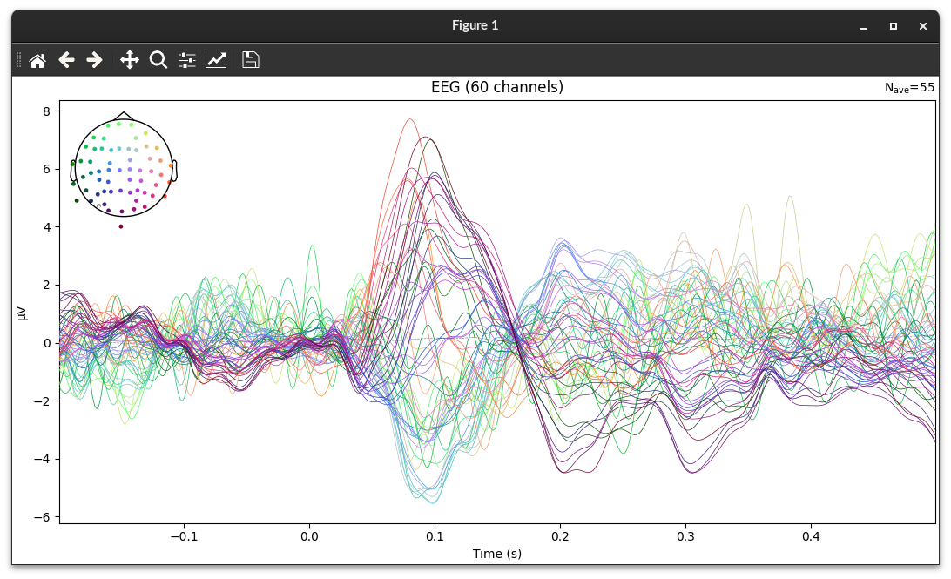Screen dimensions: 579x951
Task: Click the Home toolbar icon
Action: (x=37, y=60)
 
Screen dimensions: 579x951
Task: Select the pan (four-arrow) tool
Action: (x=129, y=60)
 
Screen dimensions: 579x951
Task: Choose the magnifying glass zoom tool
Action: (x=158, y=60)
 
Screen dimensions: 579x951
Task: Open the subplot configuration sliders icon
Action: (x=187, y=60)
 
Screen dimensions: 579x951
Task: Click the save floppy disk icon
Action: (x=251, y=60)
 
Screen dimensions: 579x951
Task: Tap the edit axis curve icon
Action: (x=216, y=60)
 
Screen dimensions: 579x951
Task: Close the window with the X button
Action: (x=923, y=26)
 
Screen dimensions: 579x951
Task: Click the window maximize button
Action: (x=894, y=26)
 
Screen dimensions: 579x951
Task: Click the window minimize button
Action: (x=864, y=26)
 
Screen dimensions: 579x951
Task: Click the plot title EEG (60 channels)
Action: (x=497, y=87)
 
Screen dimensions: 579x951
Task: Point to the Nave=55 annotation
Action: (x=909, y=88)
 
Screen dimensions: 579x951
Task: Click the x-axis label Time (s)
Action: (x=497, y=554)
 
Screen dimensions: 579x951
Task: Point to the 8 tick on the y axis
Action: (x=49, y=111)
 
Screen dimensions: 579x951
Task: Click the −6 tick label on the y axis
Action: (x=45, y=517)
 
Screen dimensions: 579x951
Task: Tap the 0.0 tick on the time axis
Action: (x=309, y=535)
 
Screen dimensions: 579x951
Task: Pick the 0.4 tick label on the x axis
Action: (x=812, y=535)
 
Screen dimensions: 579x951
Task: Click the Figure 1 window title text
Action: (x=475, y=25)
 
